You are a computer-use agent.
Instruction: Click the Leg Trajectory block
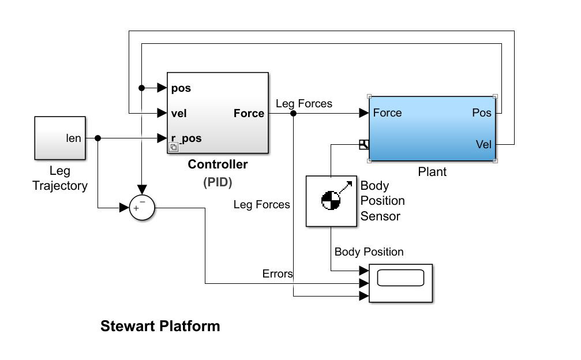click(60, 137)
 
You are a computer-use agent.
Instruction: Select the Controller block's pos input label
click(181, 88)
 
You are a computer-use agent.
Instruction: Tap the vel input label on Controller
click(179, 114)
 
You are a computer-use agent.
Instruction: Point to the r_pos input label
click(186, 138)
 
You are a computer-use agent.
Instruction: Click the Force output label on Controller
click(249, 114)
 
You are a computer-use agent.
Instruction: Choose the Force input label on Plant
click(388, 112)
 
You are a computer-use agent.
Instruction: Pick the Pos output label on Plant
click(482, 112)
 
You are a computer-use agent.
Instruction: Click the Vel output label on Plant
click(483, 144)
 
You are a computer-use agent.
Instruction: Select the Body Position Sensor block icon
click(331, 201)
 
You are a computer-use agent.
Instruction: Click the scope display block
click(400, 283)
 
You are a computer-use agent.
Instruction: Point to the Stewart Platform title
click(160, 326)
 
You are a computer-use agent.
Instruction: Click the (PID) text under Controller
click(218, 182)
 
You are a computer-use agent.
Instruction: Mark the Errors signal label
click(277, 274)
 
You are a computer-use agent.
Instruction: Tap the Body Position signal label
click(369, 252)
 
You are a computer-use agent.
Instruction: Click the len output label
click(74, 138)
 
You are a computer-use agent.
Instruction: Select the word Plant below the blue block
click(432, 172)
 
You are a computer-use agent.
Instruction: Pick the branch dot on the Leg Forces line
click(294, 114)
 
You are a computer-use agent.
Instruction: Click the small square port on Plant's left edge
click(363, 144)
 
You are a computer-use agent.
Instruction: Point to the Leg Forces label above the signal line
click(304, 104)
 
